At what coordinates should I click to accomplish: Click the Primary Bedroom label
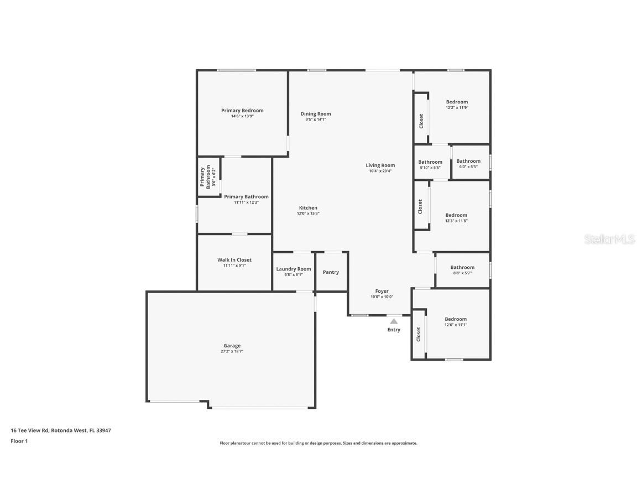(242, 111)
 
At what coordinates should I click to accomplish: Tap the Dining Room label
(316, 114)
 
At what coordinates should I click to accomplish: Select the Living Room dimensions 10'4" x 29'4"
(380, 171)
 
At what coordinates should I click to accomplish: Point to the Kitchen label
(309, 207)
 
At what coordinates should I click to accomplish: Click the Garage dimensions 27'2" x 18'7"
(232, 351)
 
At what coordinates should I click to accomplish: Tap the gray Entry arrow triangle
(394, 321)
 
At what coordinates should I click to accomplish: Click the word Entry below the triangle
(394, 330)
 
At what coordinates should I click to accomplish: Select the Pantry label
(331, 272)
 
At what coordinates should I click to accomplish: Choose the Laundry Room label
(294, 269)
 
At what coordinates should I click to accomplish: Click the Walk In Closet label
(234, 259)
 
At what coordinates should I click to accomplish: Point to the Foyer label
(382, 291)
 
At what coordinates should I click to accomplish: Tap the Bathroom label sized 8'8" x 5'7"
(462, 267)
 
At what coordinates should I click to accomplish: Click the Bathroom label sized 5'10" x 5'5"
(430, 162)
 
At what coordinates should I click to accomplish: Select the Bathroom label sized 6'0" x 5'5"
(468, 161)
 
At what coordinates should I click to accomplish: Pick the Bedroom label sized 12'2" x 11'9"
(457, 102)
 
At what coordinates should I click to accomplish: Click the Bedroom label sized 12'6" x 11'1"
(456, 319)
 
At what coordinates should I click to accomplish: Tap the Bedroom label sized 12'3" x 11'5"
(456, 215)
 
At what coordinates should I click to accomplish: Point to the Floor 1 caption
(19, 440)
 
